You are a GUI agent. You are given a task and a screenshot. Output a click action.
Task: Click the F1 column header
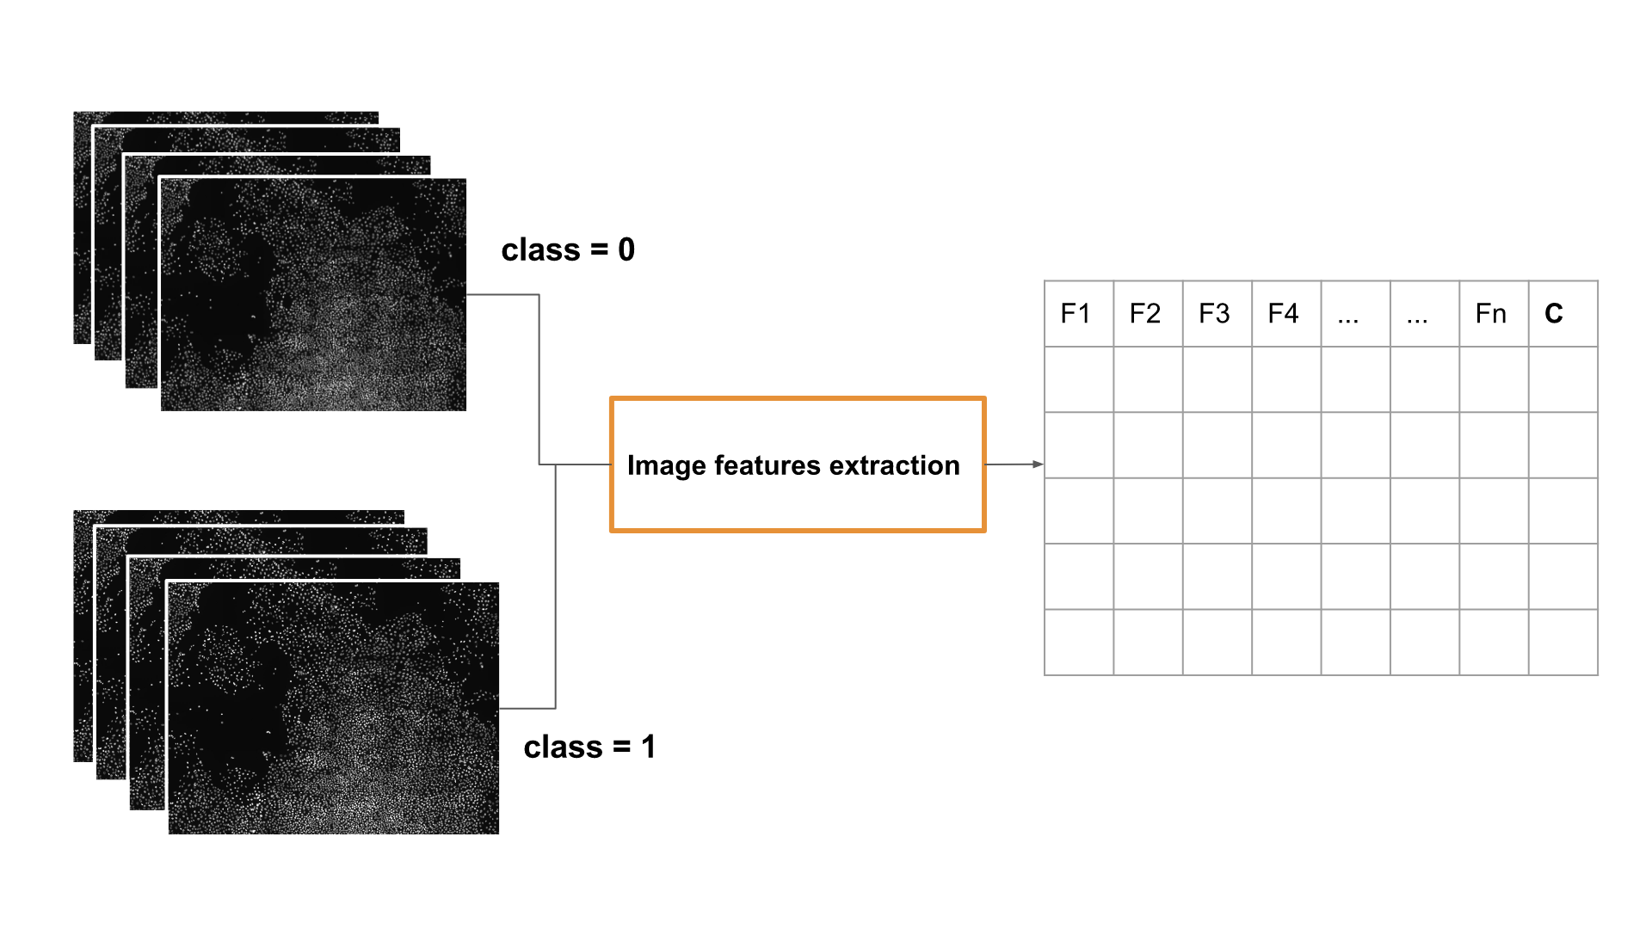point(1076,314)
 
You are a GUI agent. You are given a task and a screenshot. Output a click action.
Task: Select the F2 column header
point(1145,314)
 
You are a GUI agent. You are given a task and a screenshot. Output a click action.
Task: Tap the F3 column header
point(1214,314)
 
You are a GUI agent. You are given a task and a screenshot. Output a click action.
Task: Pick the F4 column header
point(1283,314)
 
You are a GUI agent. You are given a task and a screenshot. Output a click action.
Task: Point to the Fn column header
point(1491,314)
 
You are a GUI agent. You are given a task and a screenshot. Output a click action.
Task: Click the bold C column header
point(1554,314)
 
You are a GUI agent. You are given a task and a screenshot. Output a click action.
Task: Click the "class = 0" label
point(568,250)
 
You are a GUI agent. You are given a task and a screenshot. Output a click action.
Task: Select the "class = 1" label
point(589,747)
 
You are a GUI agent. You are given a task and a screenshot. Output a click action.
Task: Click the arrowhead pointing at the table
point(1039,464)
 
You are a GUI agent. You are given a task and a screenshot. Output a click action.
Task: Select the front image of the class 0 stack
point(313,294)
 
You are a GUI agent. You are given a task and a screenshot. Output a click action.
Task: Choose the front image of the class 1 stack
point(333,708)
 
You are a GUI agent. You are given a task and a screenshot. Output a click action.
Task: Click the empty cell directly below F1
point(1079,379)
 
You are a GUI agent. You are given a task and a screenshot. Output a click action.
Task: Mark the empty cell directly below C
point(1563,379)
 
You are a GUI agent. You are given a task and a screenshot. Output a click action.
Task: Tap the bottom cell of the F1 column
point(1079,643)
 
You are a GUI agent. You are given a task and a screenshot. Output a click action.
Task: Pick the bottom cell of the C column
point(1563,643)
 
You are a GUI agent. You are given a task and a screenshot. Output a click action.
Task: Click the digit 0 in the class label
point(626,250)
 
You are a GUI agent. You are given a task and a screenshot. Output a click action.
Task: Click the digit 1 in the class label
point(649,747)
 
